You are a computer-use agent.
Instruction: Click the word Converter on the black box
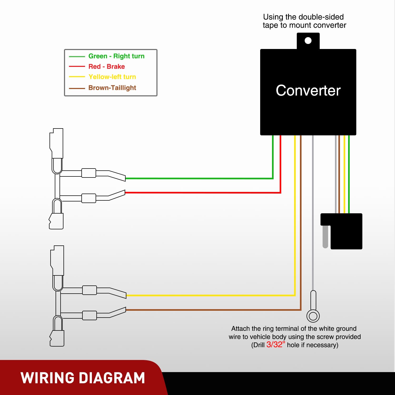click(308, 91)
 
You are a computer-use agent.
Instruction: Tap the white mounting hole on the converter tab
click(308, 41)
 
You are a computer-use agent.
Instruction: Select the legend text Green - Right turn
click(116, 56)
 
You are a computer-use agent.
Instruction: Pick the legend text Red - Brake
click(107, 67)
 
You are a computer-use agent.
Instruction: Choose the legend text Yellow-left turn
click(112, 77)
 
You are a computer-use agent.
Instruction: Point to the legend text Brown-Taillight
click(112, 88)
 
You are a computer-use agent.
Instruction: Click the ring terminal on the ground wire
click(313, 316)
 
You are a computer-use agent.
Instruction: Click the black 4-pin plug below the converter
click(342, 231)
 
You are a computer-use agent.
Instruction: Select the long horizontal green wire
click(199, 179)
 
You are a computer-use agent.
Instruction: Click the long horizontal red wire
click(203, 193)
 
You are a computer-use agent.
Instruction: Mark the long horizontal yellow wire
click(211, 295)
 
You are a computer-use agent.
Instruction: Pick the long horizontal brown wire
click(214, 310)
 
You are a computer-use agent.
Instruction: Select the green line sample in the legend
click(77, 56)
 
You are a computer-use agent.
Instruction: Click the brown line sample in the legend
click(77, 88)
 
